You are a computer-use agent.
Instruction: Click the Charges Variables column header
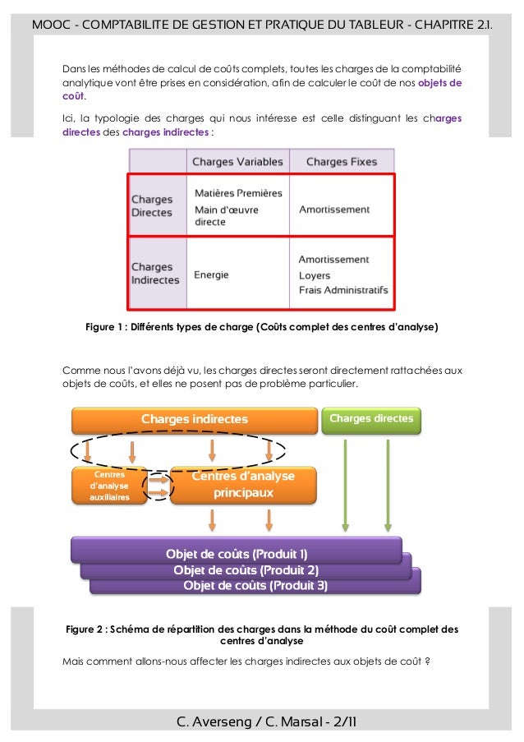coord(237,162)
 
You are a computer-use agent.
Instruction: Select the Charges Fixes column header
coord(342,162)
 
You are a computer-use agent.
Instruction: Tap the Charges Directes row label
coord(152,206)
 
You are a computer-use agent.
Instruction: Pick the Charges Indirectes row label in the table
coord(155,274)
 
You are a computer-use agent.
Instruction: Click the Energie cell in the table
coord(211,274)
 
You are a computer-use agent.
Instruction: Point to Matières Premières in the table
coord(238,193)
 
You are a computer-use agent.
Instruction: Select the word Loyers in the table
coord(315,275)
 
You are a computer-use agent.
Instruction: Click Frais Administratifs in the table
coord(343,290)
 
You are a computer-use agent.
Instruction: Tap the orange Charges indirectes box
coord(194,420)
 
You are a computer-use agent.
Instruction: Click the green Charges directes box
coord(371,419)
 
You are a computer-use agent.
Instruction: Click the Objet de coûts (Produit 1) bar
coord(237,553)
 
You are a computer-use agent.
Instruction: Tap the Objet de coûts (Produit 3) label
coord(255,586)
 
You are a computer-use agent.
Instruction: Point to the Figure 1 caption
coord(262,327)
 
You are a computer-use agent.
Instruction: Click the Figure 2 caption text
coord(262,635)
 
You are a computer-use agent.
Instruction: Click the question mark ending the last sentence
coord(428,662)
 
